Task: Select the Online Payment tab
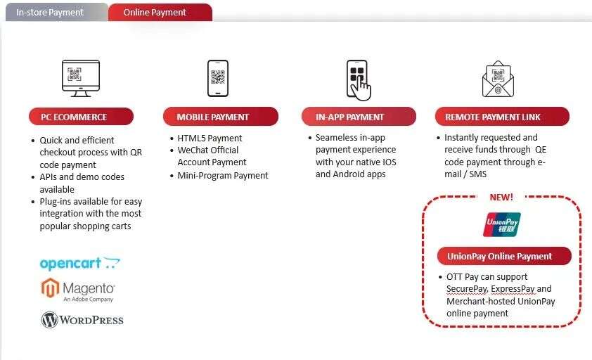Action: [160, 12]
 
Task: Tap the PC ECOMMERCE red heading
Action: [81, 117]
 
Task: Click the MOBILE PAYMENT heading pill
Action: [221, 117]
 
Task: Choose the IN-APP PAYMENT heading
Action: [359, 117]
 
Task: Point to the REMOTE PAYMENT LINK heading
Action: [502, 117]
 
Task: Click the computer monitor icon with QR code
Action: [81, 78]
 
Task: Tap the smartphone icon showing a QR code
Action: [218, 78]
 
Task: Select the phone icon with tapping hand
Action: [359, 80]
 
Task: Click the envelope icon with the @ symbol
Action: [498, 79]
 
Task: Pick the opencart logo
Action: [79, 263]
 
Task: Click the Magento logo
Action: [78, 290]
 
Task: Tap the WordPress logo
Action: [82, 320]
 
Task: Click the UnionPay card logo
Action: [502, 224]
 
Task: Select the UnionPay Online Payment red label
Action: [504, 256]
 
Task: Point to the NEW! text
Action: [501, 197]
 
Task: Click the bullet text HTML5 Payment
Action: [210, 139]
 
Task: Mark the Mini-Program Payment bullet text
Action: [223, 176]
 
